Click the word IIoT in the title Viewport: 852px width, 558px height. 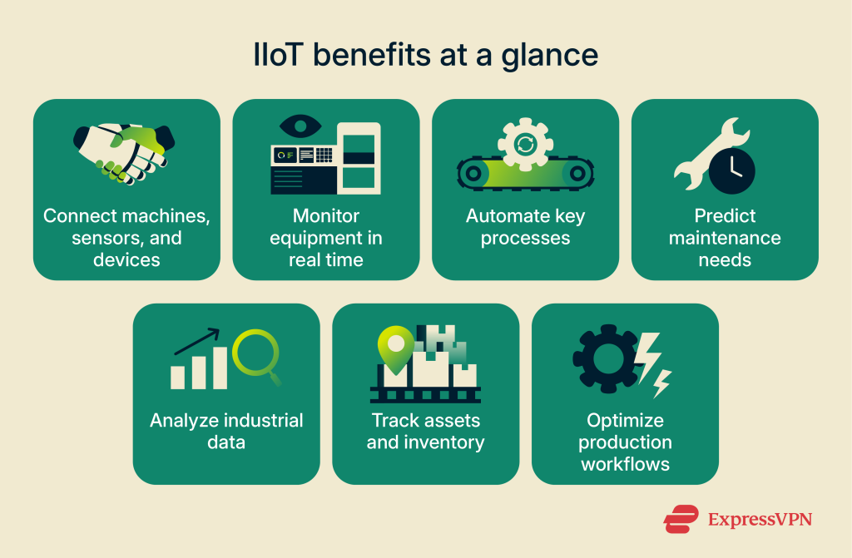pyautogui.click(x=279, y=56)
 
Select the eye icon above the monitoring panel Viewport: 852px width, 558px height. pyautogui.click(x=300, y=127)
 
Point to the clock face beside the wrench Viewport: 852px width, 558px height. pyautogui.click(x=731, y=170)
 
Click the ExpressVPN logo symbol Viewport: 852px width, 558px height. pyautogui.click(x=681, y=520)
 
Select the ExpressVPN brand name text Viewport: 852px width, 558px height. pyautogui.click(x=758, y=520)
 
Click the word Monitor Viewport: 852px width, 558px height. pyautogui.click(x=326, y=216)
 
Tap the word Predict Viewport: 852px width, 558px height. pyautogui.click(x=725, y=216)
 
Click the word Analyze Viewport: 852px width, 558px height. pyautogui.click(x=184, y=420)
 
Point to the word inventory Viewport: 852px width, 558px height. pyautogui.click(x=443, y=442)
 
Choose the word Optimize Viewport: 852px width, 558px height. pyautogui.click(x=625, y=420)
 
